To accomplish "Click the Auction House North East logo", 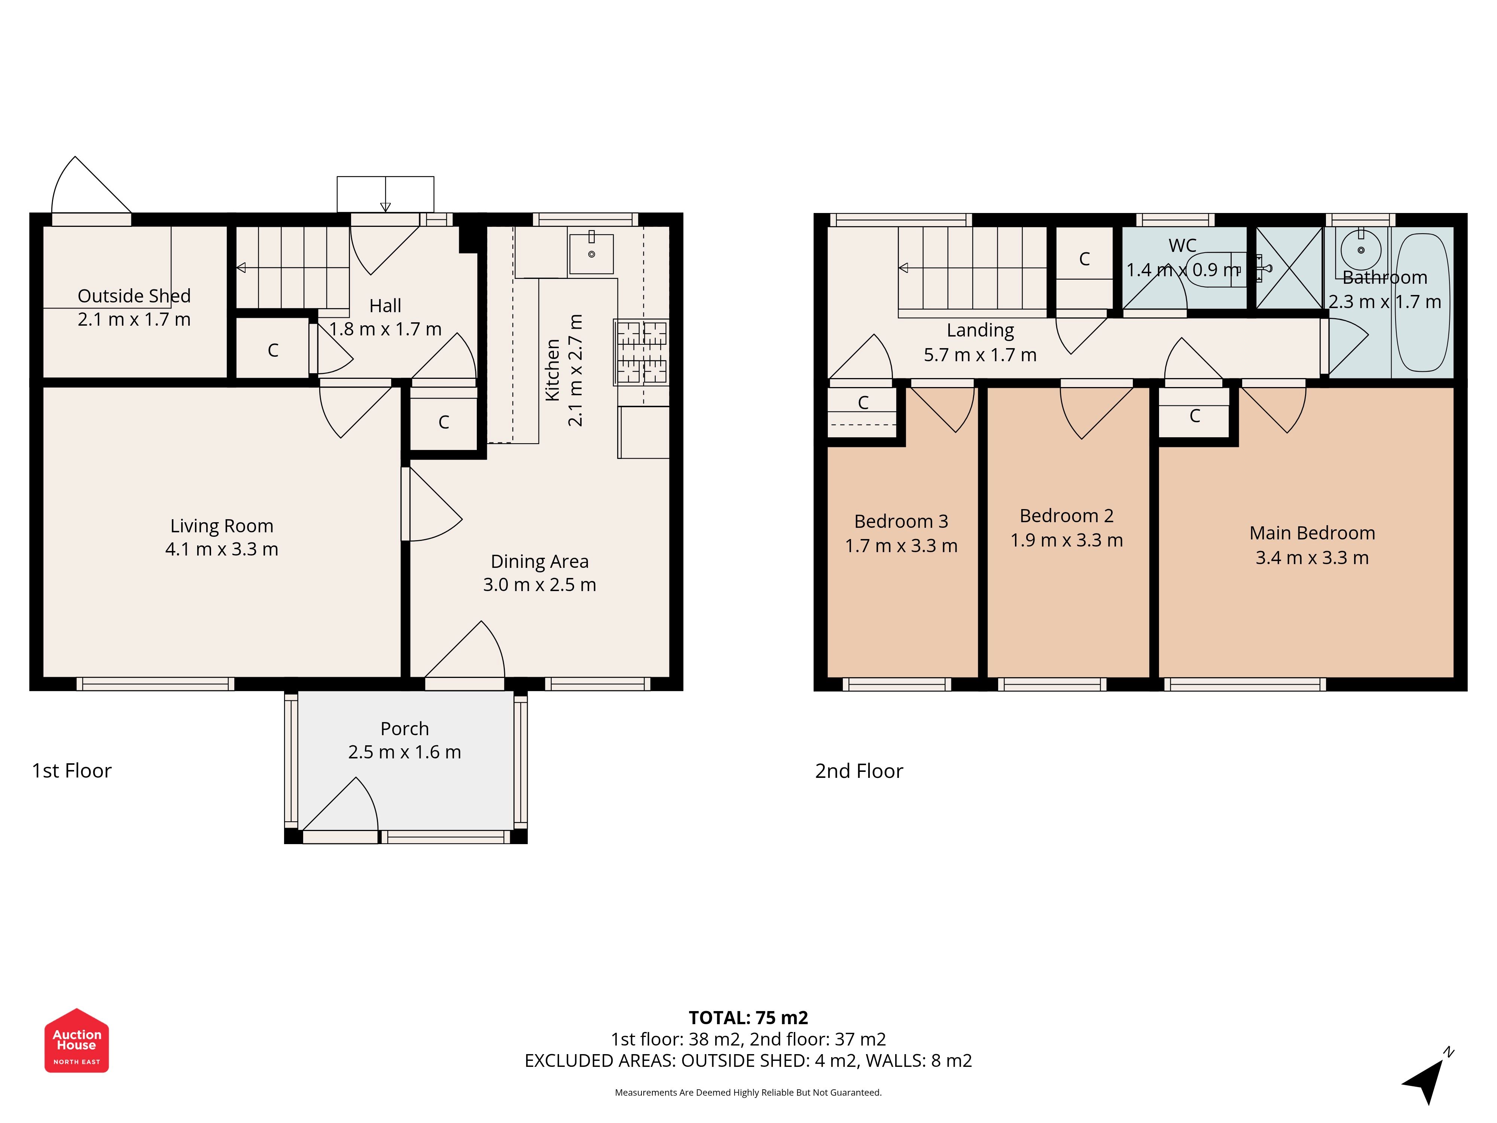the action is coord(76,1040).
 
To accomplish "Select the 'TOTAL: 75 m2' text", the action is coord(748,1017).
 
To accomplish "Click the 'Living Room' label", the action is coord(222,526).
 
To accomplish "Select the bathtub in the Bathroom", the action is coord(1423,302).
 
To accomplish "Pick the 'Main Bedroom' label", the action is coord(1312,533).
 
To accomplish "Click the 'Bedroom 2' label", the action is coord(1067,516).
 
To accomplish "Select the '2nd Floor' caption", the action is coord(859,771).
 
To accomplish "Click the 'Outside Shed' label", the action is coord(134,296).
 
